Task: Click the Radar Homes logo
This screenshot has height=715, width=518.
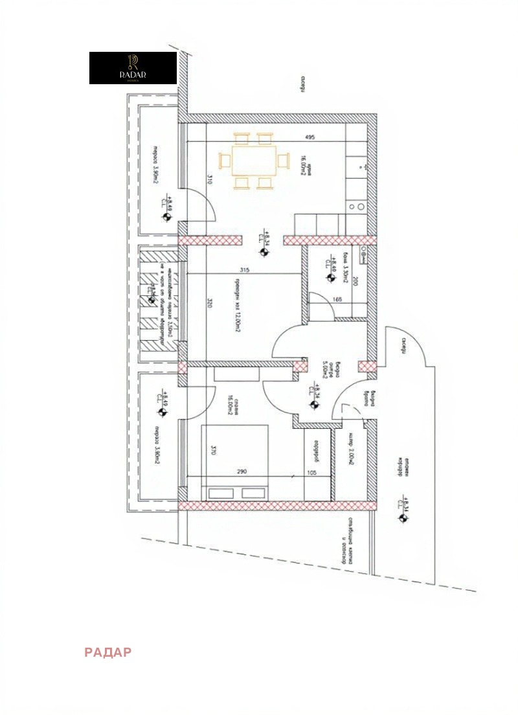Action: pos(133,68)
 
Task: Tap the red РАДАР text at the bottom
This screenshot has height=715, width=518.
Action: pos(107,652)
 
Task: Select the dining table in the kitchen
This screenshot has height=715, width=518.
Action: pos(248,159)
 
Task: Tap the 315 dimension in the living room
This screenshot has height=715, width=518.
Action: pos(243,270)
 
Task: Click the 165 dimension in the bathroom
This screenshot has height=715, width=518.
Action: pos(337,299)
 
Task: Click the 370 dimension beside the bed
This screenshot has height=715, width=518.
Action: pos(213,451)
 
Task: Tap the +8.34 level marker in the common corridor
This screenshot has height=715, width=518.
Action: pos(405,506)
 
